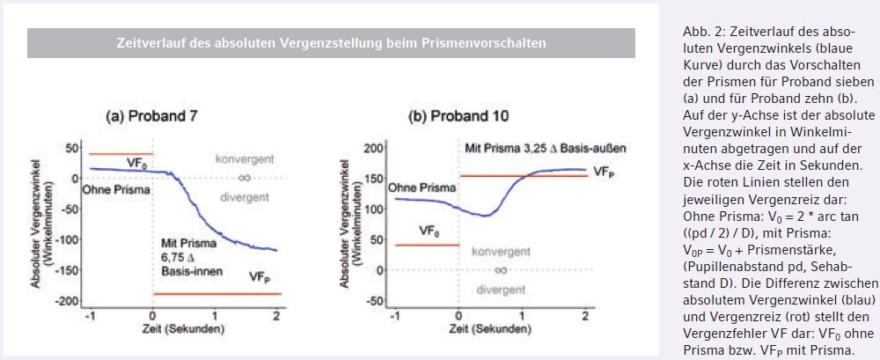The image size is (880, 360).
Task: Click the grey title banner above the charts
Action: tap(331, 42)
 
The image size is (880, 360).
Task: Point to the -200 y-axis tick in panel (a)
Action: tap(65, 301)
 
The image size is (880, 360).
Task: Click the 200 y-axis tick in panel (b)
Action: tap(372, 146)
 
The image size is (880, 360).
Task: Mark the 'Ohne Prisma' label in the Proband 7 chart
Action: tap(113, 189)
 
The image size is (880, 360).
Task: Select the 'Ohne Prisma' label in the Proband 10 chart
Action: tap(422, 187)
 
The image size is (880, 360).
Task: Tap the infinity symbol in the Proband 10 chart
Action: tap(501, 269)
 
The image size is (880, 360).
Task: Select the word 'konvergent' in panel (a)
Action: tap(246, 159)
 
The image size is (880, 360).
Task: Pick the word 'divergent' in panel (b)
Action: tap(500, 288)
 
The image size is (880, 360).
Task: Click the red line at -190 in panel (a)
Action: tap(216, 294)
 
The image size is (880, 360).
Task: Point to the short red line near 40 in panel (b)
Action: tap(426, 245)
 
